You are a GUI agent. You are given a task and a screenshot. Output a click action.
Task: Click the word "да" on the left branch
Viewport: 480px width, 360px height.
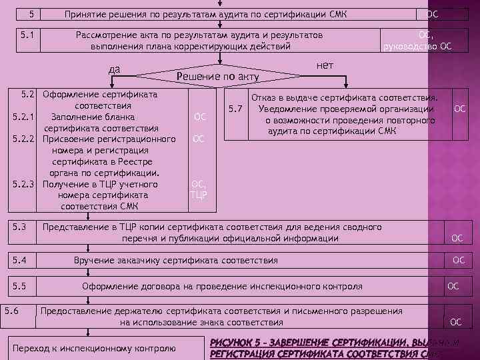(115, 68)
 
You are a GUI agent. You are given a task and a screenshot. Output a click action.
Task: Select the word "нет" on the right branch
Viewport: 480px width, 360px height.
(325, 65)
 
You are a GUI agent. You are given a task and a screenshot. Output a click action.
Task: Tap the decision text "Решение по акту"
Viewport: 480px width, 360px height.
(217, 77)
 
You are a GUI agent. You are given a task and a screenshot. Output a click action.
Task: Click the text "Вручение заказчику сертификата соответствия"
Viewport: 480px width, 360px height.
(176, 260)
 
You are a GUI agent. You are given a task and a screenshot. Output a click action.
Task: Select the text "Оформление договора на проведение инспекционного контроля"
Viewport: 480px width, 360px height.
(222, 287)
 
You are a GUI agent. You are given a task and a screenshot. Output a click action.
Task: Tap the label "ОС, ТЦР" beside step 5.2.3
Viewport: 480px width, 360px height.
(199, 190)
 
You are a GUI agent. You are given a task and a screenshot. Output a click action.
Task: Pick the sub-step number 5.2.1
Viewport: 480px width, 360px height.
(23, 117)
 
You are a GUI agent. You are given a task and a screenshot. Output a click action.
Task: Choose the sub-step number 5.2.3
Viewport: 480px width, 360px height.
(23, 184)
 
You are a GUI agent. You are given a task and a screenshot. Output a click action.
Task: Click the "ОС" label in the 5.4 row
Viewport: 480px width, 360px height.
(459, 260)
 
